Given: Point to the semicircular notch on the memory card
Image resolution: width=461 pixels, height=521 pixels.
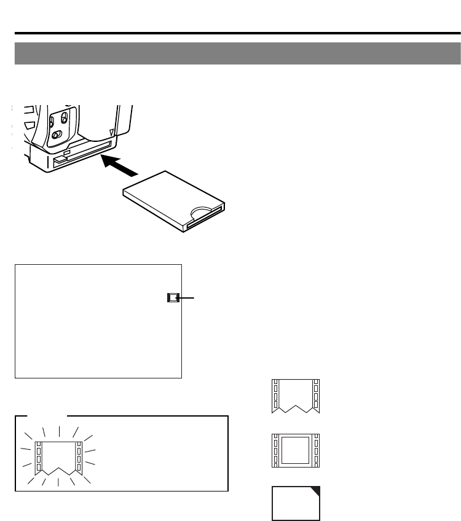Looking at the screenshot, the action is pos(202,212).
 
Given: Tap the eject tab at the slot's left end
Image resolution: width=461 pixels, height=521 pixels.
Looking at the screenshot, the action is pos(59,160).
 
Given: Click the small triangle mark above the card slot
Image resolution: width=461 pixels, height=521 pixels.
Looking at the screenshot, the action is pos(111,131).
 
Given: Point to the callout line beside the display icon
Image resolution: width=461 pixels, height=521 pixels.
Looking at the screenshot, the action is pos(188,298).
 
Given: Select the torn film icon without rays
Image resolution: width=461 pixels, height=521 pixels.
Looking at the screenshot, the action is pos(295,396).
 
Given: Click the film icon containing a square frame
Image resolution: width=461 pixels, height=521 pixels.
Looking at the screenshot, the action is pos(295,449).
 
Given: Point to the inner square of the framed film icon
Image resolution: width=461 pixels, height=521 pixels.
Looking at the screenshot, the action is pos(295,449).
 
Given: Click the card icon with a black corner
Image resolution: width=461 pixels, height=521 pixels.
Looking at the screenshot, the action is pos(295,502).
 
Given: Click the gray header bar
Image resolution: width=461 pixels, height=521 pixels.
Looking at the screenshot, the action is pos(237,53).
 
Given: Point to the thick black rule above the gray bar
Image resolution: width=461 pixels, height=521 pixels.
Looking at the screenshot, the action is pos(237,33).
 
